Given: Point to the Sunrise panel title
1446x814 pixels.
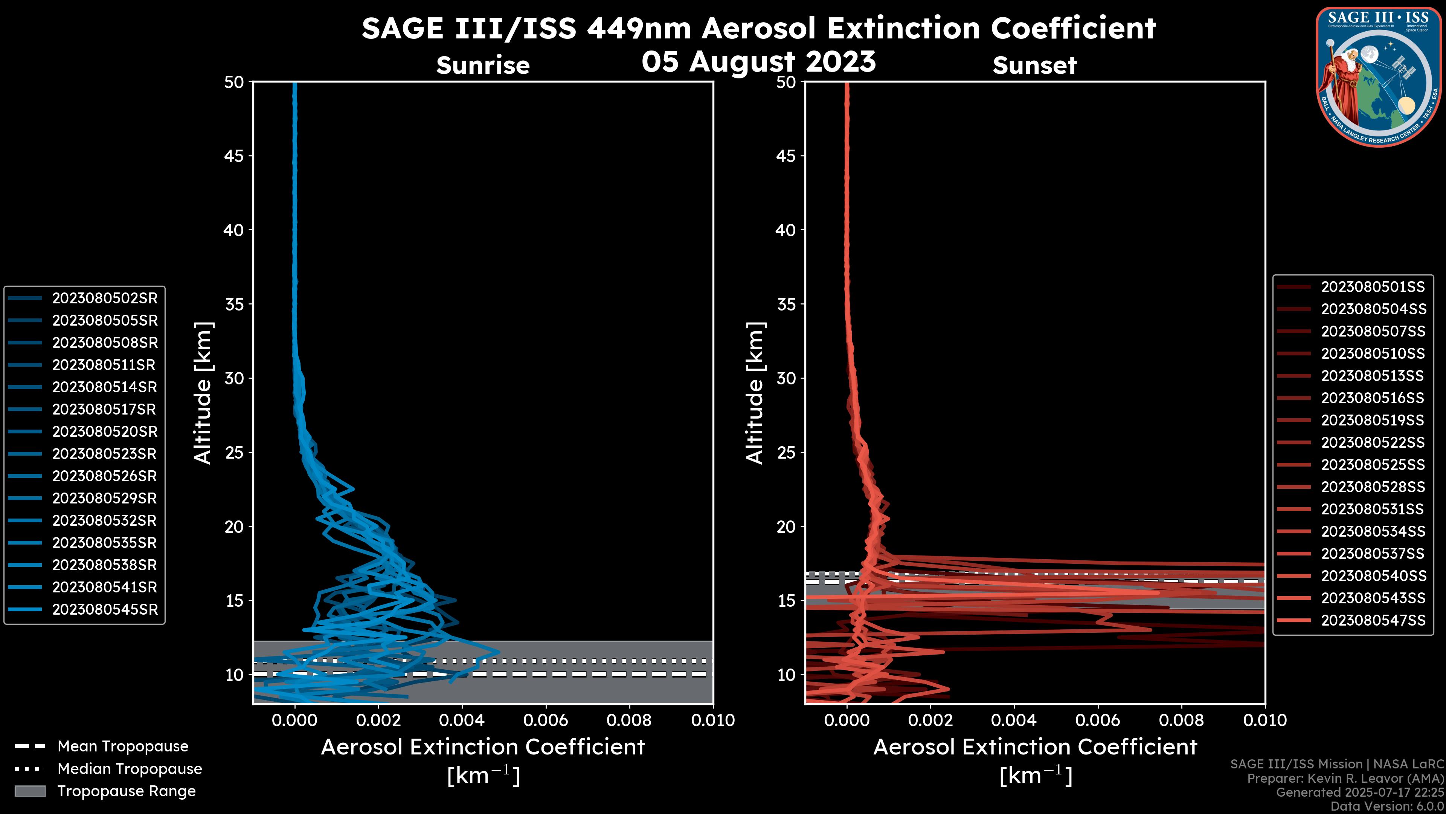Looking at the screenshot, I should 483,66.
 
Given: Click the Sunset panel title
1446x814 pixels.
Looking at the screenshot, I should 1034,66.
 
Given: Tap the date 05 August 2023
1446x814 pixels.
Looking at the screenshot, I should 758,61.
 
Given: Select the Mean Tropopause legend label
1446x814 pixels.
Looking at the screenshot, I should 123,747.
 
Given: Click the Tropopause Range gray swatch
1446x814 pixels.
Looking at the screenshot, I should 30,791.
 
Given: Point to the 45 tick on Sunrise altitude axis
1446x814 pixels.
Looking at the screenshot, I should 234,156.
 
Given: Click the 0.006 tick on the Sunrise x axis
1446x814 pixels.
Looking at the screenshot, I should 545,720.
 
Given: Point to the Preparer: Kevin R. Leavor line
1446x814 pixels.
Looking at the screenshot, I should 1345,779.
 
